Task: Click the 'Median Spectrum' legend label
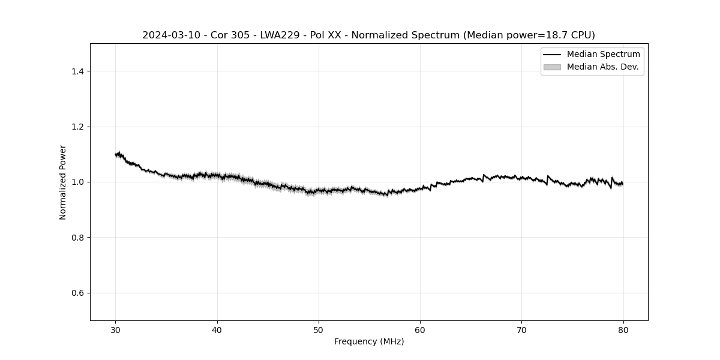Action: (x=603, y=55)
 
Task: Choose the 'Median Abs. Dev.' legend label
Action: (x=602, y=67)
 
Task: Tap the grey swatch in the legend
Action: (x=551, y=67)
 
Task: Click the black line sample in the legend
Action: (x=551, y=55)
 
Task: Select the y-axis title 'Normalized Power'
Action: (x=62, y=182)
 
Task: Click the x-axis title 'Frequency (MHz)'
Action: (x=369, y=341)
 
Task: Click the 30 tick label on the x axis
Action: (x=116, y=329)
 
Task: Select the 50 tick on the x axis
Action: (x=319, y=329)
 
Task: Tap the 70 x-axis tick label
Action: (x=521, y=329)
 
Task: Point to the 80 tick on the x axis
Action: (x=623, y=329)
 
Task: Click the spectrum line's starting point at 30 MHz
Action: (x=116, y=154)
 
